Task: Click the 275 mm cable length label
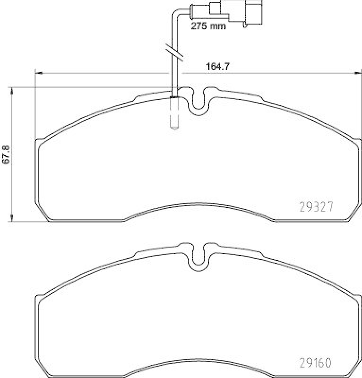[x=208, y=26]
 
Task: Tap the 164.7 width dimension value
[x=217, y=67]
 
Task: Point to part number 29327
[x=317, y=206]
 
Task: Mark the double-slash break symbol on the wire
[x=174, y=52]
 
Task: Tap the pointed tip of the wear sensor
[x=173, y=127]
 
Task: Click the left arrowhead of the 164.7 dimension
[x=38, y=73]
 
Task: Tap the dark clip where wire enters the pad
[x=173, y=97]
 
